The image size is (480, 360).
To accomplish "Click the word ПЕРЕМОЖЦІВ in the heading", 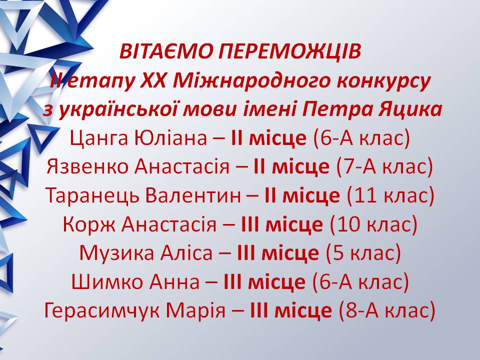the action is (289, 52).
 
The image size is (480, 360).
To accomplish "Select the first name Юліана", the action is (171, 138).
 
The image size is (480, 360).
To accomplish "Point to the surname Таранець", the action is (93, 196).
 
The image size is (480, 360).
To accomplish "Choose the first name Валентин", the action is (193, 195).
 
